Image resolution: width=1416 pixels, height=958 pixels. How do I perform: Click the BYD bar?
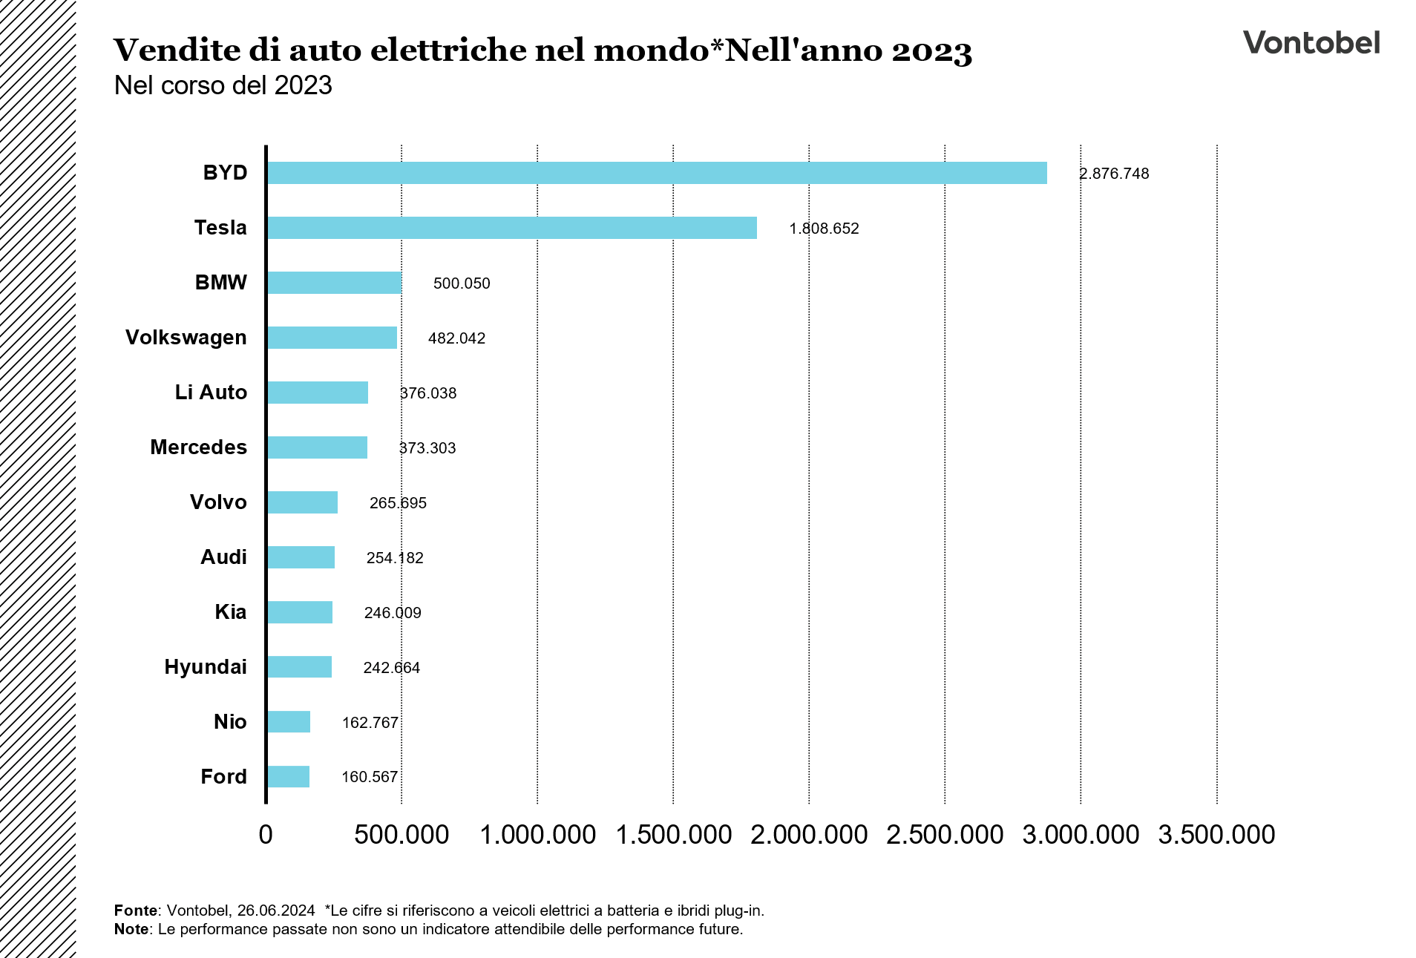tap(657, 173)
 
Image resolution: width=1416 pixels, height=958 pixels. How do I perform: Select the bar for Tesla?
tap(512, 228)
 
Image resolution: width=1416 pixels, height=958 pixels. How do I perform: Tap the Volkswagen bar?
tap(332, 338)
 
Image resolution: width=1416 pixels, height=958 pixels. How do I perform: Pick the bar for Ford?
tap(289, 777)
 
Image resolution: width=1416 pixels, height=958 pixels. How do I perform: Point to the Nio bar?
tap(289, 722)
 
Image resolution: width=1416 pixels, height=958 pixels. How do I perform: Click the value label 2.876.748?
tap(1114, 174)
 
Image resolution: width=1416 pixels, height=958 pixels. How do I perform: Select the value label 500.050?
tap(462, 283)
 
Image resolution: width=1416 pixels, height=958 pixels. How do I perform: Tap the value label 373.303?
tap(427, 448)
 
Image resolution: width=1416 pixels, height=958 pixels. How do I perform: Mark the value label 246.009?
tap(393, 613)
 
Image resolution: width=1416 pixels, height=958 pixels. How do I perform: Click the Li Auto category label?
tap(211, 393)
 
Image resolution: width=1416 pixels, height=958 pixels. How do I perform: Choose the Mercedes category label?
tap(198, 447)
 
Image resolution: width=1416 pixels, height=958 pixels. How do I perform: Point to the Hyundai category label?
tap(205, 667)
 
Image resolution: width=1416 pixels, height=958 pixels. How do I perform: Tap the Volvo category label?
tap(218, 502)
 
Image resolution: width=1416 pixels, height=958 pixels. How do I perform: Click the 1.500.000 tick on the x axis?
tap(674, 835)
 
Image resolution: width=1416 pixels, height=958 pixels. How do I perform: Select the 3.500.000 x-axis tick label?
tap(1216, 835)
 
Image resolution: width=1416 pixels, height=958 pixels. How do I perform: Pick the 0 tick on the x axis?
tap(266, 835)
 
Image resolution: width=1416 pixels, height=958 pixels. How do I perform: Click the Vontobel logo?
tap(1311, 42)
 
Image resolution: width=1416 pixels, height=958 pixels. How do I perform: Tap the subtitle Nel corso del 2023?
tap(223, 85)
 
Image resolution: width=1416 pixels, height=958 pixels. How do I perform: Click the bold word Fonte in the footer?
tap(136, 911)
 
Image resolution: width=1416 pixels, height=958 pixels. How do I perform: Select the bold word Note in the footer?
tap(131, 929)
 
